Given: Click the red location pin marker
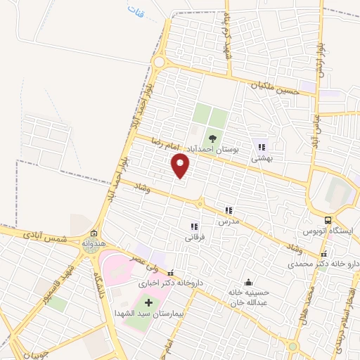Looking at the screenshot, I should tap(181, 165).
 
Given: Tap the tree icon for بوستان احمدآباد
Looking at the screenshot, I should tap(212, 139).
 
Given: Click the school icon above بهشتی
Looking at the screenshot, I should tap(262, 148).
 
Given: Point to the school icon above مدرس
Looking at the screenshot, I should tap(228, 210).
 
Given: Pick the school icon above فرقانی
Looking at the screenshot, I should tap(194, 226).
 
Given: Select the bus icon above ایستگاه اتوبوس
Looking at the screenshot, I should tap(328, 219).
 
